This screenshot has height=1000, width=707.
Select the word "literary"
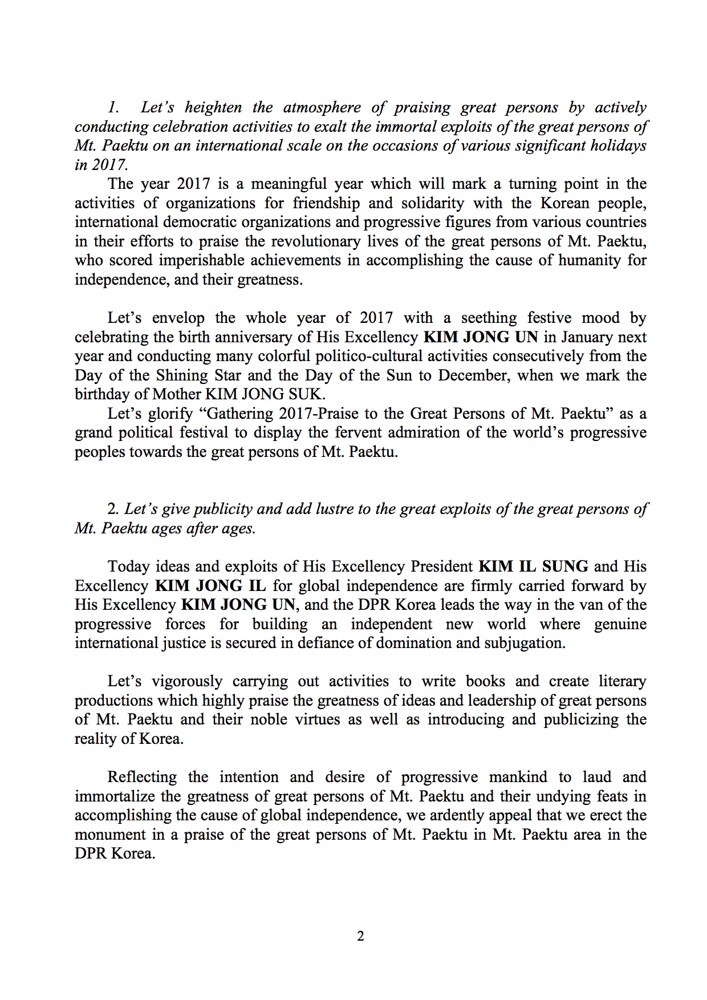[x=622, y=682]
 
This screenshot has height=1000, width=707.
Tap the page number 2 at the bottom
[x=360, y=936]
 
